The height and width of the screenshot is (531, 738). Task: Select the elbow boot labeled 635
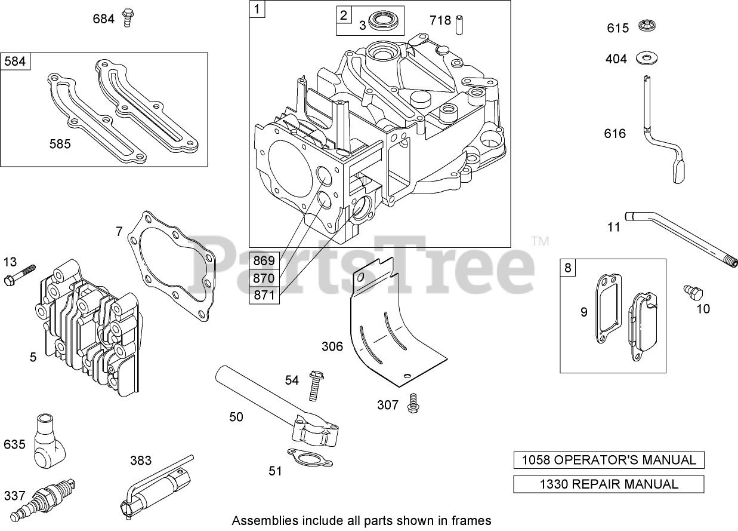click(x=48, y=444)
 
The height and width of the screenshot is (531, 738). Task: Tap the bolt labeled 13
click(x=21, y=273)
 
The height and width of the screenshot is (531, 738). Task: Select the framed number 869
click(x=264, y=260)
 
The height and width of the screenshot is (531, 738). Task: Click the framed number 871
click(x=264, y=296)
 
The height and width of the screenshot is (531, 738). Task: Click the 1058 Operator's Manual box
click(x=609, y=460)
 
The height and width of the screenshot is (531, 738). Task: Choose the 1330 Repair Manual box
click(x=609, y=484)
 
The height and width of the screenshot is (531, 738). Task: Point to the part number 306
click(x=332, y=346)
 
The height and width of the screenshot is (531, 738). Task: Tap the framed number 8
click(x=567, y=268)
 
